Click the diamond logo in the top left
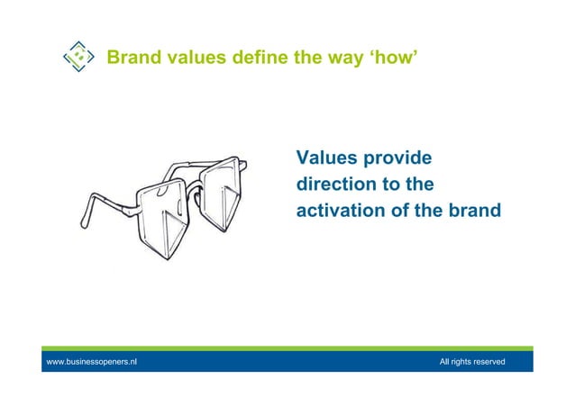coord(79,57)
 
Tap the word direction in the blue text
coord(333,185)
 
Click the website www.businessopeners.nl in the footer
coord(92,362)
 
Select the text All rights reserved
coord(471,362)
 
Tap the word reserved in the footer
coord(488,362)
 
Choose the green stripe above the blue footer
coord(287,348)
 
